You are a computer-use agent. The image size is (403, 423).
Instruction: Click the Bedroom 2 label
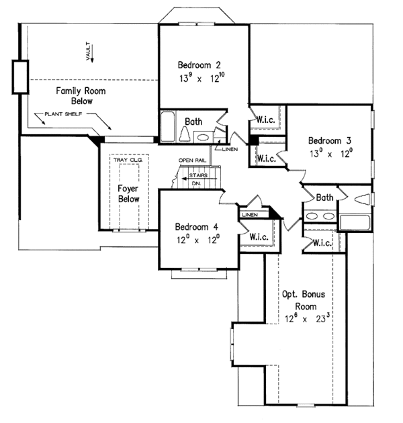(199, 65)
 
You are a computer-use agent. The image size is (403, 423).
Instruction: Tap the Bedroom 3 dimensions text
(330, 154)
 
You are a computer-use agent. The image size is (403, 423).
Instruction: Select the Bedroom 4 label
(196, 226)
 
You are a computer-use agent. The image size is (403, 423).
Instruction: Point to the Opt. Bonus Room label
(304, 300)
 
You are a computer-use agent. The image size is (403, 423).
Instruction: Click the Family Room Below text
(74, 95)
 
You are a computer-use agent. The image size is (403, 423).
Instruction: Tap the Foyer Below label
(128, 194)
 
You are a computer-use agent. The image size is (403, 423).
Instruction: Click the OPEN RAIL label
(191, 160)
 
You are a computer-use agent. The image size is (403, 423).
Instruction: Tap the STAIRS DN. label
(197, 179)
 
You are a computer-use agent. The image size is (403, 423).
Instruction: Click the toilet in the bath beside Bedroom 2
(183, 134)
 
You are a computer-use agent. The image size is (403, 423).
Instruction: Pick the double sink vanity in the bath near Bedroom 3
(318, 216)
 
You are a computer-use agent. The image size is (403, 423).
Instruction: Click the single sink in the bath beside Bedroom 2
(201, 136)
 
